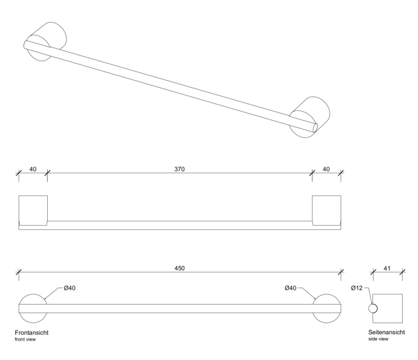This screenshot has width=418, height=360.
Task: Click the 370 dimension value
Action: [x=179, y=168]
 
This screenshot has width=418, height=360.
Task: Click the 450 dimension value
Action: [x=179, y=268]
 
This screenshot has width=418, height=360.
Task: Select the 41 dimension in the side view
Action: [x=388, y=268]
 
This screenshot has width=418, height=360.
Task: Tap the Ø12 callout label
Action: [x=358, y=288]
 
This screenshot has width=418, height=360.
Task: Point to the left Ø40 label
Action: [x=68, y=288]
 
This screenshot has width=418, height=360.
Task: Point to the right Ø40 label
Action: [x=291, y=288]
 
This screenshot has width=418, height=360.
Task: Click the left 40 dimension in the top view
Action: [x=32, y=168]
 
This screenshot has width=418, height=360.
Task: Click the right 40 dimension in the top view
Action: [x=326, y=168]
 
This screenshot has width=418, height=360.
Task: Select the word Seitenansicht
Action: [x=387, y=333]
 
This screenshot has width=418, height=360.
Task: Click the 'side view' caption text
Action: [x=378, y=340]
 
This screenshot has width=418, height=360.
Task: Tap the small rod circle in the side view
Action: [x=373, y=308]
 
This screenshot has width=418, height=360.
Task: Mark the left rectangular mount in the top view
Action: [x=33, y=209]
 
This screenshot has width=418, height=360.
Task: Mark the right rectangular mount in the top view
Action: [x=326, y=209]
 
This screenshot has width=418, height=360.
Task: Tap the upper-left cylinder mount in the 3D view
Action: [x=49, y=38]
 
